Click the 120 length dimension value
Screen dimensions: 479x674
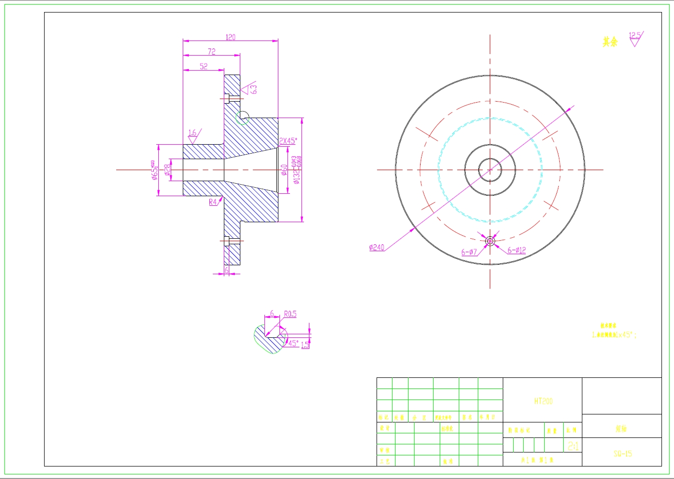230,38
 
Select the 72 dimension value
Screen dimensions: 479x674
212,52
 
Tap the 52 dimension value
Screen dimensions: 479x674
203,66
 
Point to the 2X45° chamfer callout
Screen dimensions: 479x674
288,141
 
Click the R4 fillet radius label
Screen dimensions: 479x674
213,202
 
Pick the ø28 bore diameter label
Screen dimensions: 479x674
168,170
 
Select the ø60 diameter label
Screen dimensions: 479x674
284,170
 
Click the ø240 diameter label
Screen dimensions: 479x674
377,247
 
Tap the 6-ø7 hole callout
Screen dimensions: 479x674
469,252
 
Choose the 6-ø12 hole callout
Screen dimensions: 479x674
517,250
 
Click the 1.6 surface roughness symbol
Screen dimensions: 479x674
193,136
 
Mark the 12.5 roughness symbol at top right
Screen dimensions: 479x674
635,39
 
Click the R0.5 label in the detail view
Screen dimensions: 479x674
290,314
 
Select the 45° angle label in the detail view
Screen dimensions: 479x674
293,343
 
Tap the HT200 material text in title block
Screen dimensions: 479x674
543,401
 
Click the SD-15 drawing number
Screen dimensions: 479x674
622,453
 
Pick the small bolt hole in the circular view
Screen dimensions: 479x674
490,241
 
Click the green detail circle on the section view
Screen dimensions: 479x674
242,118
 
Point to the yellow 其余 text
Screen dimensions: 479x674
610,42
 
